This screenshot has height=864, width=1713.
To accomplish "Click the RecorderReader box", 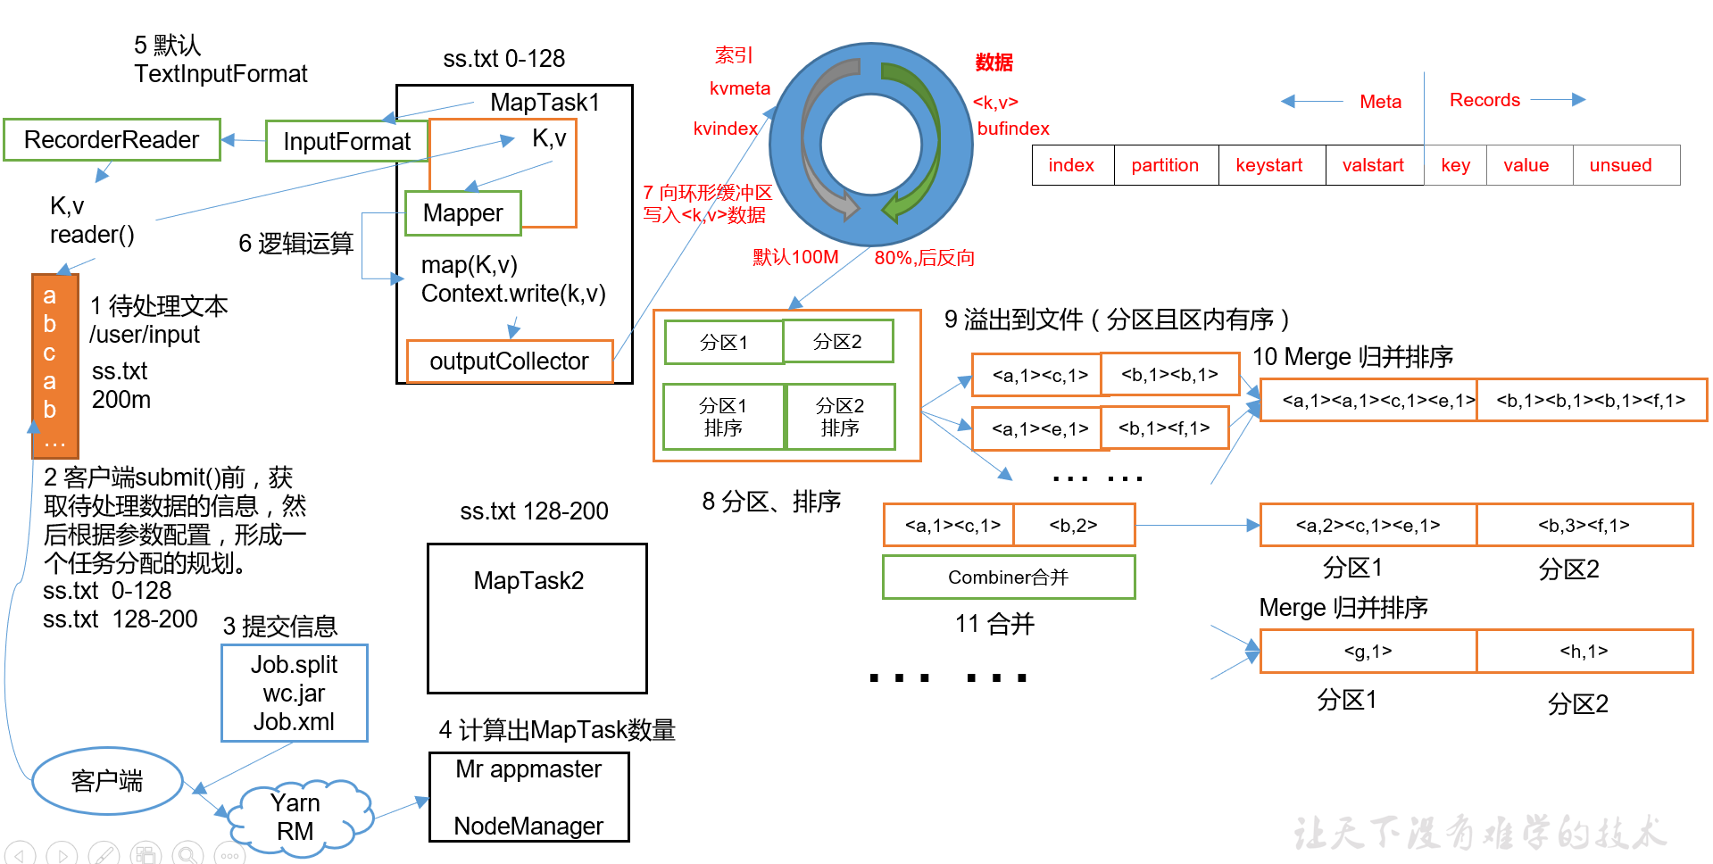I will point(112,140).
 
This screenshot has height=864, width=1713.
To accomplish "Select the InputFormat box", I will point(346,142).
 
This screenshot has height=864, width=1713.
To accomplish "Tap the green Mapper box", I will point(462,213).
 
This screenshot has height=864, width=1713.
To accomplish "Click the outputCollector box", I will point(509,361).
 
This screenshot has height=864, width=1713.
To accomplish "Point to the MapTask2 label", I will point(528,581).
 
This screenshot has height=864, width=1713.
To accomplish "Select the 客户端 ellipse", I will point(107,781).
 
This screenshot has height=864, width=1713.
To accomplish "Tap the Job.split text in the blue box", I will point(294,665).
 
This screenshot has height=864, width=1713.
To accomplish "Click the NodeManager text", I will point(528,827).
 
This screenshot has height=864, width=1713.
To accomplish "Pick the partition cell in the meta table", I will point(1165,165).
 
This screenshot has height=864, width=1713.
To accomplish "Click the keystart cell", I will point(1268,165).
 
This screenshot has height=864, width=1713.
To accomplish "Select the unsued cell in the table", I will point(1620,165).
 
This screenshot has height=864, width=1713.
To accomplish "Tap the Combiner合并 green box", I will point(1008,577).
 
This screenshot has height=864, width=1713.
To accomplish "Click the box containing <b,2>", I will point(1073,525).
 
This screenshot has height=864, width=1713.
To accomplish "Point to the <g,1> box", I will point(1368,652).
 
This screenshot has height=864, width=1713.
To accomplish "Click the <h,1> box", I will point(1584,652).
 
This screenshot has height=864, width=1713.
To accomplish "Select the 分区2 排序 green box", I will point(840,417).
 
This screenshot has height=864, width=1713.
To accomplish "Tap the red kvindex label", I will point(725,129).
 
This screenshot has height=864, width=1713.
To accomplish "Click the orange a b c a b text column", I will point(54,366).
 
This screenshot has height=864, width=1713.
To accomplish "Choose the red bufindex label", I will point(1013,129).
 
